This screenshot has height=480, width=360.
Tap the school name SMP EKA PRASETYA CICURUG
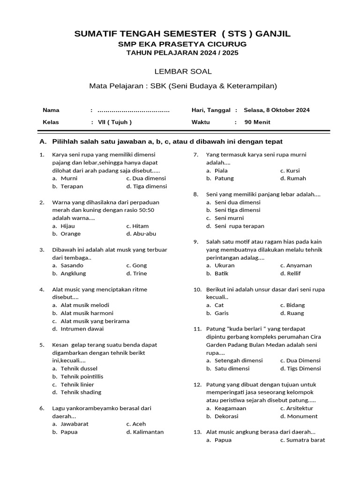182,44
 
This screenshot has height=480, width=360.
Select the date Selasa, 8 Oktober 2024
277,110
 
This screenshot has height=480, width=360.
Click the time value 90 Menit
257,122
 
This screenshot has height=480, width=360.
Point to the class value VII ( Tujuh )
115,122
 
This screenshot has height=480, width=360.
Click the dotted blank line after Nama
134,111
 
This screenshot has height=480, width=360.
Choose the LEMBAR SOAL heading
183,72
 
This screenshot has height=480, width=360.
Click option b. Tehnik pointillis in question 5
82,376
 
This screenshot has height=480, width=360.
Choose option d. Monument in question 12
302,416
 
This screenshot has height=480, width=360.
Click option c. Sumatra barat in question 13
305,440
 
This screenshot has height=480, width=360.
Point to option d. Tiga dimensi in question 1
149,186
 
